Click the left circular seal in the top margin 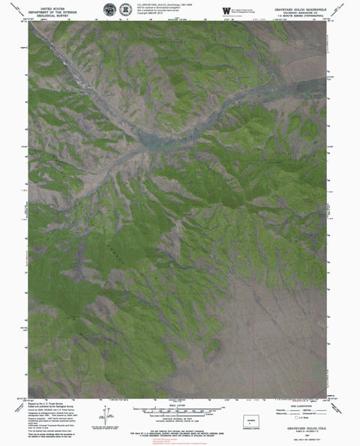point(110,7)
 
